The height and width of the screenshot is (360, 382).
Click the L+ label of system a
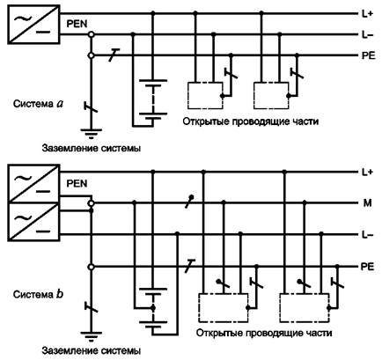367,13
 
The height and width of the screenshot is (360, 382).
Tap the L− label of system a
367,35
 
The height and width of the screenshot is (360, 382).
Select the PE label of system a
368,55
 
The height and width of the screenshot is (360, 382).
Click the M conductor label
368,203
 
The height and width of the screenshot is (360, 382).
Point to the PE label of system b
368,267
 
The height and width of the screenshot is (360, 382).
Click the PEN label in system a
77,24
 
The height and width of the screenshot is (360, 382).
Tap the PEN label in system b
77,184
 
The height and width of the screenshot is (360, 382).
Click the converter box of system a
33,25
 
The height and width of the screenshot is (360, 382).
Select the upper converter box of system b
33,184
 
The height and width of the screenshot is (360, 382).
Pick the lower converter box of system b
33,222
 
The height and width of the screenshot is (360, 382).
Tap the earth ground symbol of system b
92,336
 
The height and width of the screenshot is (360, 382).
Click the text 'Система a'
38,104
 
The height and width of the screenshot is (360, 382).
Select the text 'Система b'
38,294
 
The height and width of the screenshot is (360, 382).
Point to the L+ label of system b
367,173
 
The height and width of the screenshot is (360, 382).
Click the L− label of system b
367,235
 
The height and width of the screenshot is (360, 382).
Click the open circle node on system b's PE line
92,267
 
